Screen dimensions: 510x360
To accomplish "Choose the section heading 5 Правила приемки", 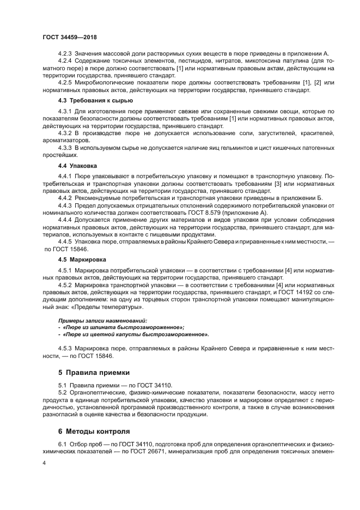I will pyautogui.click(x=94, y=373).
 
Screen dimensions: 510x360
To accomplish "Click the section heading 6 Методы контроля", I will pyautogui.click(x=94, y=430).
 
